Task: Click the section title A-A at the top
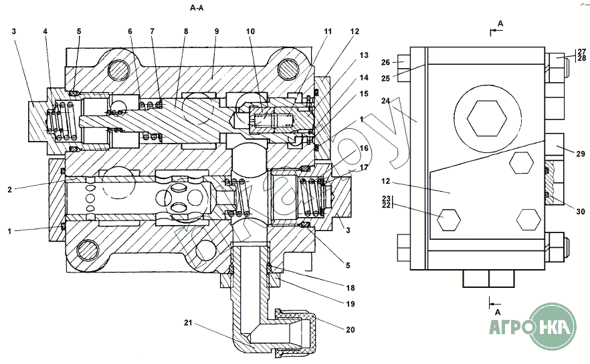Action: pos(197,8)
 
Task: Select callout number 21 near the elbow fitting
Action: pos(188,323)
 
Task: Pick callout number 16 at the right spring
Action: pos(364,148)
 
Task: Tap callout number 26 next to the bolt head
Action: pos(385,63)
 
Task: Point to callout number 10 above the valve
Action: pos(250,31)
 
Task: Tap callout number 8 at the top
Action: pos(185,31)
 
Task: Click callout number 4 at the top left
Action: pos(45,31)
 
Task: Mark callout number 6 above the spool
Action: pos(129,31)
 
